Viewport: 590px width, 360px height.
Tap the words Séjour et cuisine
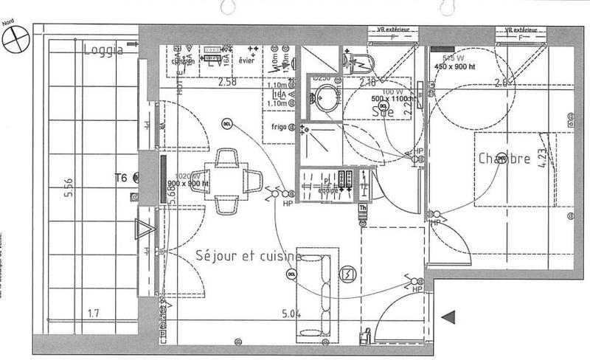[x=249, y=255]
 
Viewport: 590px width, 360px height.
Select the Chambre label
[x=504, y=159]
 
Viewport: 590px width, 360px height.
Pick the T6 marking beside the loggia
[x=122, y=178]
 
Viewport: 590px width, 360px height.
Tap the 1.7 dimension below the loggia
[x=93, y=313]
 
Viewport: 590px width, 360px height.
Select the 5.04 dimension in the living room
[x=291, y=314]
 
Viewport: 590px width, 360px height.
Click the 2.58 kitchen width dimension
[x=227, y=82]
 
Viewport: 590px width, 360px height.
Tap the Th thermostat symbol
[x=362, y=209]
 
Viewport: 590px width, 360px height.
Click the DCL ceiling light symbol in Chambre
[x=502, y=157]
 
